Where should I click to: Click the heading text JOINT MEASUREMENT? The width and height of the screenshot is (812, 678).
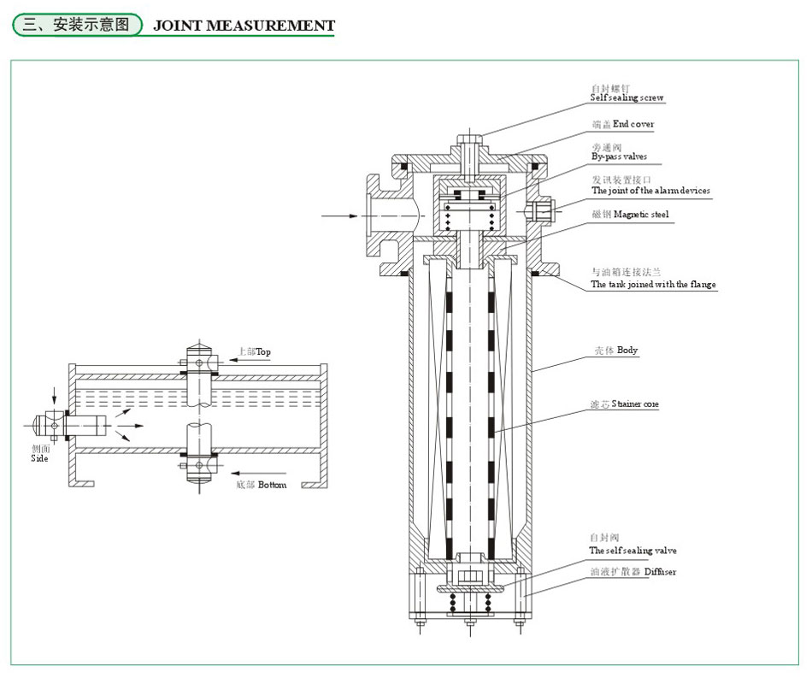(x=244, y=26)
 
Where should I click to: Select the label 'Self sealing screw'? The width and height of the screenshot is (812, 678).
(x=627, y=97)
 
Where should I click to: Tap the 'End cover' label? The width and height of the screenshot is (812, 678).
(x=633, y=124)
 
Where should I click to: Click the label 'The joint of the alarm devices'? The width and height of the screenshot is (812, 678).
(x=650, y=191)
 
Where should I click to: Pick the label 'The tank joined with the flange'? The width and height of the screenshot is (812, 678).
(x=654, y=284)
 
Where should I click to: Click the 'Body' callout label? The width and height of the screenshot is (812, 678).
(x=627, y=351)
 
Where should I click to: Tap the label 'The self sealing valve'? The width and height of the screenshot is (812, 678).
(x=633, y=551)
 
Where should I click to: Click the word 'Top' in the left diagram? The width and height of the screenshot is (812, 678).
(x=263, y=351)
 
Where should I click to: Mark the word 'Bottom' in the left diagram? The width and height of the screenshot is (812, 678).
(x=272, y=485)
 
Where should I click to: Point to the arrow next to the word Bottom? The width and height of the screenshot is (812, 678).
(x=239, y=471)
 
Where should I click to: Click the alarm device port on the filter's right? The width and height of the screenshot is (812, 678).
(x=543, y=209)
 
